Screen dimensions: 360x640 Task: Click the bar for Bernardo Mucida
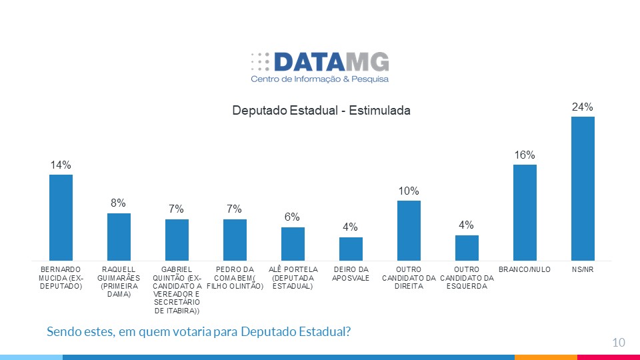pyautogui.click(x=61, y=217)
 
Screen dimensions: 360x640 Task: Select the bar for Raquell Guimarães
pyautogui.click(x=119, y=237)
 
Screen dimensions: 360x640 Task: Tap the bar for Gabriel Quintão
pyautogui.click(x=177, y=239)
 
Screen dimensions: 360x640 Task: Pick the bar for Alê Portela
pyautogui.click(x=293, y=243)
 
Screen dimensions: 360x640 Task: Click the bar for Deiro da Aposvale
pyautogui.click(x=351, y=249)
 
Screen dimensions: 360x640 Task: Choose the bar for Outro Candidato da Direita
pyautogui.click(x=409, y=230)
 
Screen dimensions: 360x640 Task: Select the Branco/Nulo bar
pyautogui.click(x=525, y=212)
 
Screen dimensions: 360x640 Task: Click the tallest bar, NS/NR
pyautogui.click(x=583, y=188)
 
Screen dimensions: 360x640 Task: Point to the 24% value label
pyautogui.click(x=583, y=107)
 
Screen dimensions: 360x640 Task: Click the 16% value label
pyautogui.click(x=525, y=155)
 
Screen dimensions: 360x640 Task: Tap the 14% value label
pyautogui.click(x=61, y=165)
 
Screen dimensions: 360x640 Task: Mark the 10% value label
pyautogui.click(x=409, y=191)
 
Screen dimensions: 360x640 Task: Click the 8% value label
pyautogui.click(x=119, y=203)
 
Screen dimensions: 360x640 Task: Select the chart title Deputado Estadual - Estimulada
pyautogui.click(x=321, y=110)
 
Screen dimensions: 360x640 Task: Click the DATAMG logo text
pyautogui.click(x=331, y=62)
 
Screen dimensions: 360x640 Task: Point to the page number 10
pyautogui.click(x=618, y=343)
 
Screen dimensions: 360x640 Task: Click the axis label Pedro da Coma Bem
pyautogui.click(x=234, y=277)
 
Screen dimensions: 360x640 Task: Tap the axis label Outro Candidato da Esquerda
pyautogui.click(x=467, y=277)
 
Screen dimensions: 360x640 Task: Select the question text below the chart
pyautogui.click(x=199, y=331)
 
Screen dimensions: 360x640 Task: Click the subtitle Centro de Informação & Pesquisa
pyautogui.click(x=319, y=79)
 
